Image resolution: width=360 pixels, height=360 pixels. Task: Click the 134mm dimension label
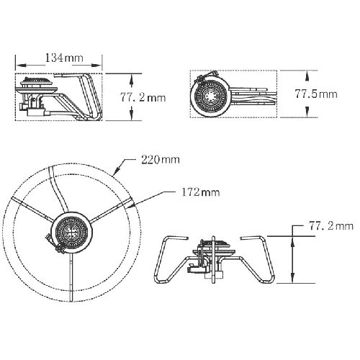(64, 58)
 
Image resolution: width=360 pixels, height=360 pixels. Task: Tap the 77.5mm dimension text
(316, 94)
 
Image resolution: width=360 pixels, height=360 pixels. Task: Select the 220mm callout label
(161, 160)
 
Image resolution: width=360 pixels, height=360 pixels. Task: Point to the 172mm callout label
(200, 192)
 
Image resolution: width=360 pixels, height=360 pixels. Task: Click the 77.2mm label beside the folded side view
(143, 98)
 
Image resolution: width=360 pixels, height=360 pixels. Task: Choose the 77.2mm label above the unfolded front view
(331, 226)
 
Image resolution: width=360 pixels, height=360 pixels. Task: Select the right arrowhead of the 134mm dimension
(97, 65)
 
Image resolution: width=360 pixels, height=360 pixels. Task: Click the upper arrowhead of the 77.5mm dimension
(307, 76)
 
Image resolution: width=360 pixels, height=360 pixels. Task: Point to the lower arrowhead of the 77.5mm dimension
(307, 112)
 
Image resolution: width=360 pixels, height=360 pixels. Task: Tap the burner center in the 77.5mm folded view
(210, 97)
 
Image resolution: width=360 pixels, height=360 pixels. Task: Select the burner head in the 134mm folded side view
(37, 82)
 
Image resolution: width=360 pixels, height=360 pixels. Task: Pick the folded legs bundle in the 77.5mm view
(253, 96)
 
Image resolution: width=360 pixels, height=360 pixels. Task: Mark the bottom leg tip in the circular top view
(71, 300)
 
